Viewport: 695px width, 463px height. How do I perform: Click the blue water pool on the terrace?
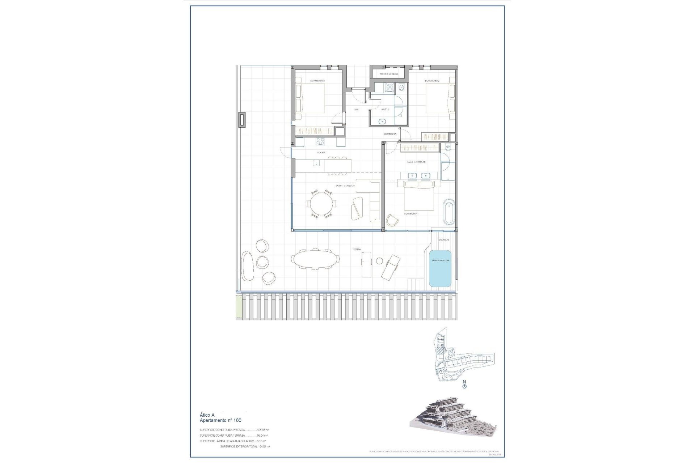(440, 268)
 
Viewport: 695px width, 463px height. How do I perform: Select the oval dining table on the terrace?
(315, 259)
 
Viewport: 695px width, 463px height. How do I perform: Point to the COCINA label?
(321, 153)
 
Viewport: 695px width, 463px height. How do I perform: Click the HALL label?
(357, 109)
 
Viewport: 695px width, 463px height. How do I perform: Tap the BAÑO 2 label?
(385, 109)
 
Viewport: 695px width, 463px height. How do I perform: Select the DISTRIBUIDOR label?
(390, 134)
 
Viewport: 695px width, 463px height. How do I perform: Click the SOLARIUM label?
(444, 240)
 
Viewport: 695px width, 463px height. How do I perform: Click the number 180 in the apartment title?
(237, 420)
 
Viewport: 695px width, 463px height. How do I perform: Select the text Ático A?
(207, 415)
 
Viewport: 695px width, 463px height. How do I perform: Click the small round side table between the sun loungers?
(379, 261)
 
